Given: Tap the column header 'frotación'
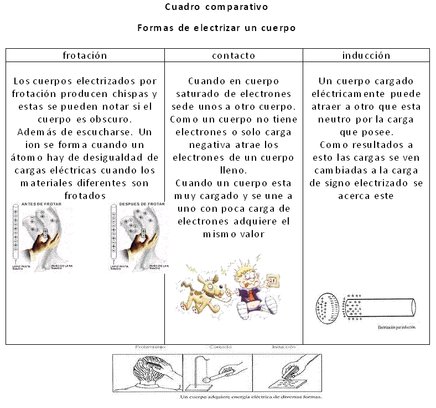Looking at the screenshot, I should pos(85,55).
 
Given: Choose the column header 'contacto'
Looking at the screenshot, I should pos(233,55).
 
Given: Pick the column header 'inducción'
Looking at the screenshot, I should pos(366,55).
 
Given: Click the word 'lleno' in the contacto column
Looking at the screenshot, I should pos(233,170).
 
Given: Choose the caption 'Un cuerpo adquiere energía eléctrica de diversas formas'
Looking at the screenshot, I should pos(251,397).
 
